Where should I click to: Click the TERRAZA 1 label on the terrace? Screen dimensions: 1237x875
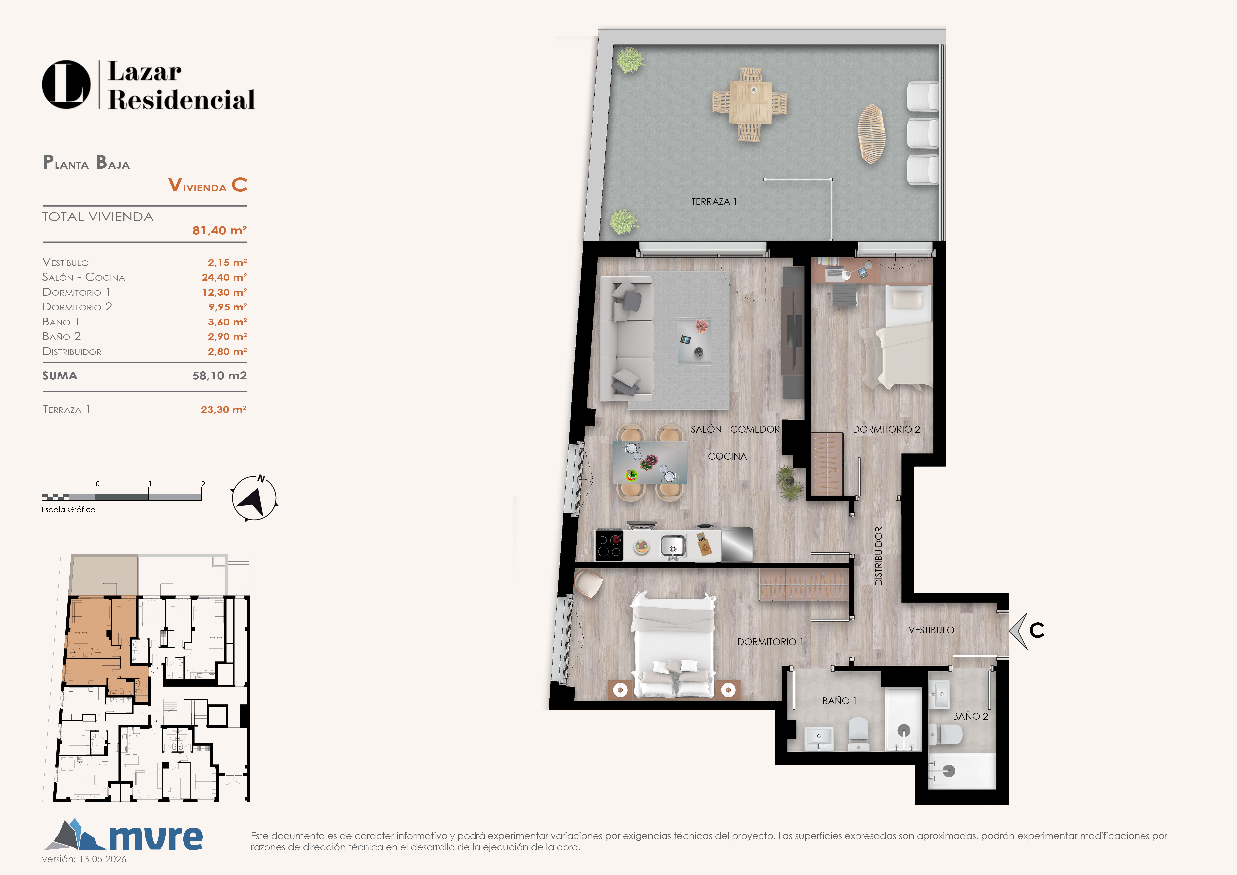click(x=714, y=202)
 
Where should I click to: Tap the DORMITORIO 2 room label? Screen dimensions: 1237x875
click(x=886, y=430)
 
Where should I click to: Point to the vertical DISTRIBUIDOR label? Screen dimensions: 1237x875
click(x=879, y=556)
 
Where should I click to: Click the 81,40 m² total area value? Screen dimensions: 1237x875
click(x=219, y=231)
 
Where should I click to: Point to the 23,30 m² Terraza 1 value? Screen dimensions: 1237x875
click(x=224, y=410)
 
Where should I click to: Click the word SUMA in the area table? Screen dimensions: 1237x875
click(x=60, y=376)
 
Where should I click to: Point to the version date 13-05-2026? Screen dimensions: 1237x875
click(x=102, y=859)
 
